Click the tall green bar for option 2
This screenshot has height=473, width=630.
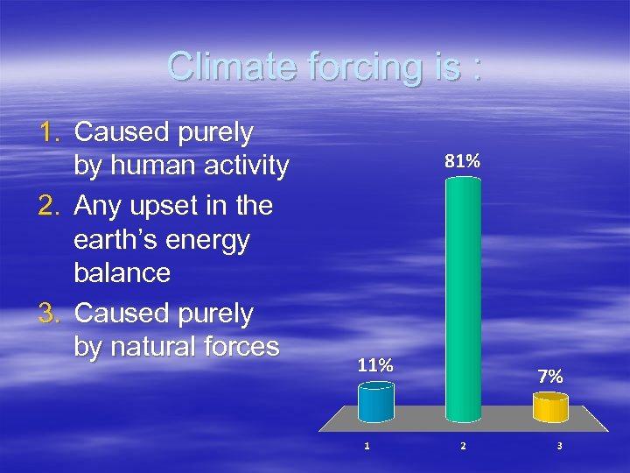pos(463,298)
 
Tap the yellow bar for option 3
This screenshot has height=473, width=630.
pos(550,407)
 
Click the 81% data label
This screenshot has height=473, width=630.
pos(462,161)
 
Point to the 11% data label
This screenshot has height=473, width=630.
pos(374,366)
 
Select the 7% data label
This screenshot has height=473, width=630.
pos(550,377)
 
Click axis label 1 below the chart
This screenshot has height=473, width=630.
pos(367,446)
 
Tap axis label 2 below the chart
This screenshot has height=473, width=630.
pos(463,446)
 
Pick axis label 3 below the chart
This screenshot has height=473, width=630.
pos(559,446)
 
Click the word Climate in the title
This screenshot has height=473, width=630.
pos(229,67)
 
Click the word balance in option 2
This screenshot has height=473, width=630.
pos(122,272)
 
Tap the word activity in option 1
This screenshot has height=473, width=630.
pos(246,166)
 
